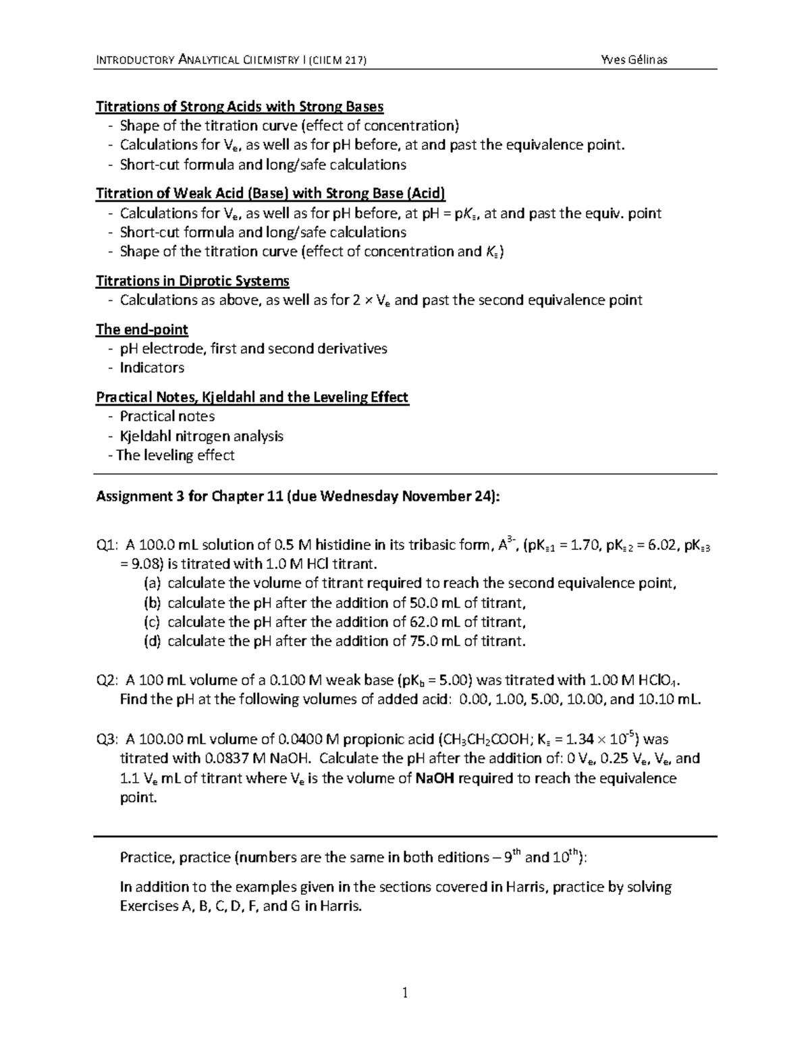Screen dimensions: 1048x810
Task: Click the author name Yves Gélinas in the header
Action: [x=633, y=59]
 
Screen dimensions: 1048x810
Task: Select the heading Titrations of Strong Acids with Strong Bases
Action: [x=240, y=107]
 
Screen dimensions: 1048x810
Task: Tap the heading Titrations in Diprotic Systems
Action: [x=192, y=281]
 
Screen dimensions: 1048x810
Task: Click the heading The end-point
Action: [x=142, y=329]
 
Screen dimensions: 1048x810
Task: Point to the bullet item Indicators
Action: [x=152, y=368]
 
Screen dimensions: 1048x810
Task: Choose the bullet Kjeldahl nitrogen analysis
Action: [x=201, y=436]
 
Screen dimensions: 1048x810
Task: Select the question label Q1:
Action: [x=107, y=545]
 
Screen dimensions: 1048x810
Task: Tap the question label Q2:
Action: [x=107, y=680]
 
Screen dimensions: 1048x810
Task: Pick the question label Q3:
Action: [x=107, y=739]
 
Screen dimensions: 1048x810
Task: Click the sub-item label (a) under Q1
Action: [x=152, y=584]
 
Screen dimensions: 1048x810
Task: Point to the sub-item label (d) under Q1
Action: [x=152, y=641]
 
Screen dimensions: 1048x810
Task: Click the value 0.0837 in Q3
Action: [x=200, y=759]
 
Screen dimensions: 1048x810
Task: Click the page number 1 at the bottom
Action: [x=405, y=992]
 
